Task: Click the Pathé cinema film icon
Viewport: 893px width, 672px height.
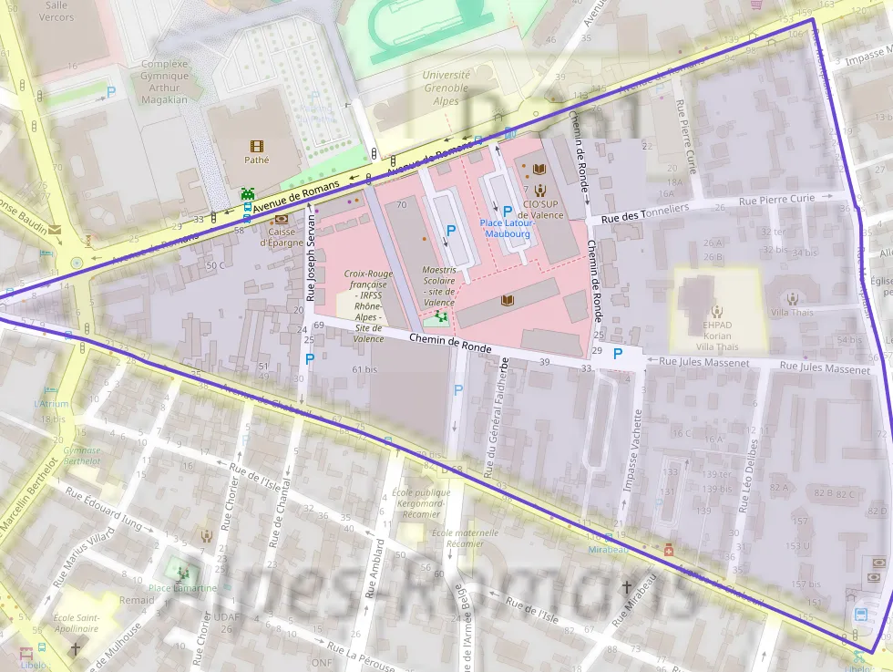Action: click(x=255, y=146)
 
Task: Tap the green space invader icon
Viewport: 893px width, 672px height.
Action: click(x=247, y=193)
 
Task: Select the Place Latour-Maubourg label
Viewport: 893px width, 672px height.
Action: click(x=508, y=228)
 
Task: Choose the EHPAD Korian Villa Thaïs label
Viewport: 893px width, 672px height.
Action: click(x=716, y=336)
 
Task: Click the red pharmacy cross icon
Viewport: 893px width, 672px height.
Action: click(x=669, y=551)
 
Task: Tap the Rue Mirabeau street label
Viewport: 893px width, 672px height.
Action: click(x=635, y=602)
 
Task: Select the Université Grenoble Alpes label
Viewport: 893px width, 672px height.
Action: click(x=446, y=88)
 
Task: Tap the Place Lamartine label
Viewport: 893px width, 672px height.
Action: click(x=183, y=588)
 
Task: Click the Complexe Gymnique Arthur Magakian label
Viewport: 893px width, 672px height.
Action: click(x=164, y=82)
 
